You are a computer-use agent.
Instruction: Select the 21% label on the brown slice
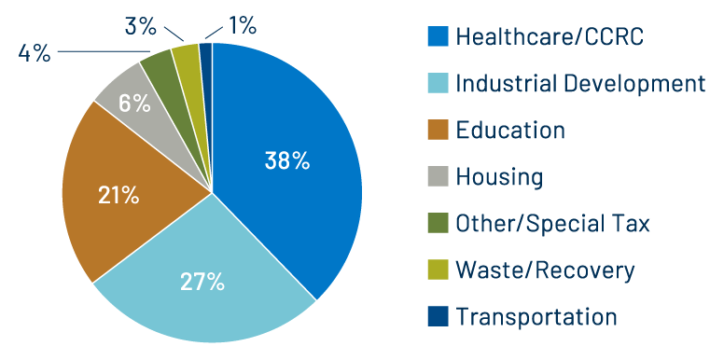point(118,195)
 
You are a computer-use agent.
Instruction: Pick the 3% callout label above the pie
point(140,26)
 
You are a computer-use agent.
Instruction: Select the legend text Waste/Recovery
point(545,270)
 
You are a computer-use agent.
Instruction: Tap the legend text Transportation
point(536,317)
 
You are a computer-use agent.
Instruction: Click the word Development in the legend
point(638,84)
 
